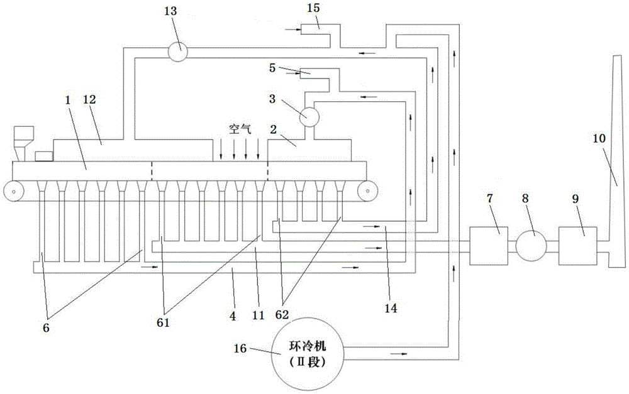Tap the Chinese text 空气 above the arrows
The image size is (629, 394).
[238, 127]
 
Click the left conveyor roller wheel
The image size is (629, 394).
[12, 189]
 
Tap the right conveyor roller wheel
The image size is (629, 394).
[365, 189]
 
